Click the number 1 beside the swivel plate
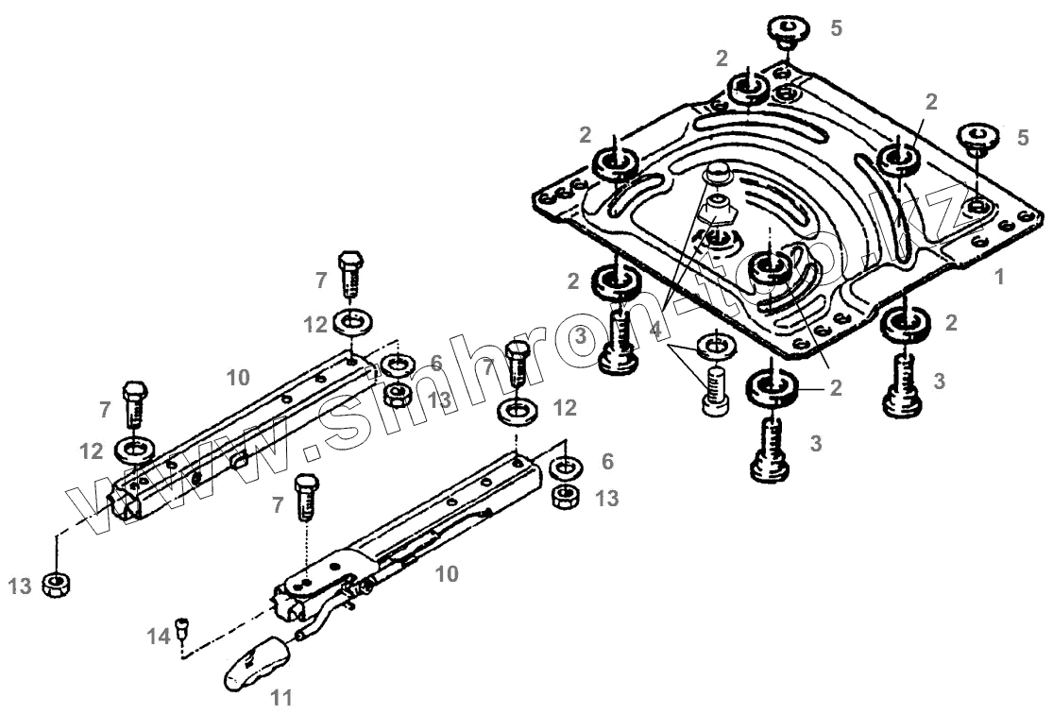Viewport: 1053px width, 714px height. click(x=998, y=279)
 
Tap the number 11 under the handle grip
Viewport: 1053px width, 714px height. click(x=280, y=699)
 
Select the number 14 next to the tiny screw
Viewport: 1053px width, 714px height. click(x=157, y=636)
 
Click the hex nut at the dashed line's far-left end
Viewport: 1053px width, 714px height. click(x=59, y=585)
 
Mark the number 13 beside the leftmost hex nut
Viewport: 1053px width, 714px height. click(x=20, y=586)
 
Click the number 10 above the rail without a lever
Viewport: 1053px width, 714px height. click(x=238, y=378)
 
